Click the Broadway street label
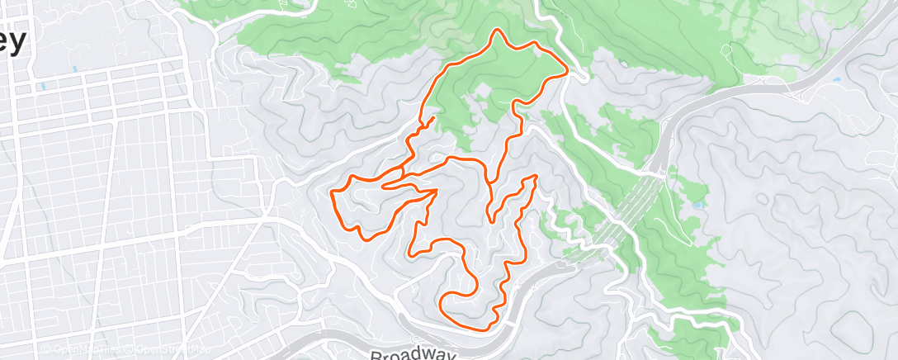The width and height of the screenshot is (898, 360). (412, 354)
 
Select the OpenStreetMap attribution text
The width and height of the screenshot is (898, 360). (160, 349)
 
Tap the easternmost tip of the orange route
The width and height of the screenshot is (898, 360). (567, 72)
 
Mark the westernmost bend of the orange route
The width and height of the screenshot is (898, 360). (332, 192)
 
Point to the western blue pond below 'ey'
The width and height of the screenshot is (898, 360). (40, 86)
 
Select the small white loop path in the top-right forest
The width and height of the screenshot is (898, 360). (725, 50)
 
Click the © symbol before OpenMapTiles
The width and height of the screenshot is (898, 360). (47, 349)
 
